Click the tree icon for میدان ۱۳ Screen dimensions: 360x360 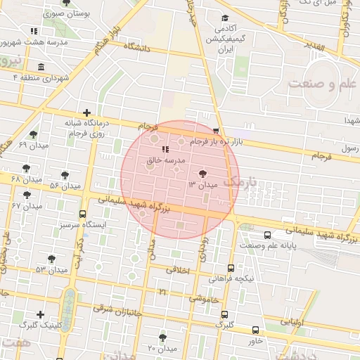(x=202, y=172)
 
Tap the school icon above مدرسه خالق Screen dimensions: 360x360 (x=165, y=149)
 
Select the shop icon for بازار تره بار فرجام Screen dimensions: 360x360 (x=216, y=131)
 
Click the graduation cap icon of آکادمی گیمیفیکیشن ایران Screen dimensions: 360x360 (x=225, y=19)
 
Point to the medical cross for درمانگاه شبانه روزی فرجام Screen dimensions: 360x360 (x=86, y=112)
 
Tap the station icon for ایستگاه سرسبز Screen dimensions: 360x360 (x=83, y=214)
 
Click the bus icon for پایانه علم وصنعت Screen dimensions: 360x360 (x=266, y=235)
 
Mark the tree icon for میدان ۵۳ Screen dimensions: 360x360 (x=51, y=258)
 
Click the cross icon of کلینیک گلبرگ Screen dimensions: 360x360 (x=40, y=314)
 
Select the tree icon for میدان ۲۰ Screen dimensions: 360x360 (x=162, y=337)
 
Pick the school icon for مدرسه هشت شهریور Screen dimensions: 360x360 (x=34, y=31)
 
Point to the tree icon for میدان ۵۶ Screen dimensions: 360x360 (x=65, y=175)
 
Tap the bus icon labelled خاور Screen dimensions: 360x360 (x=255, y=330)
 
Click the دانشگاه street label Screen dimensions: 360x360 (x=138, y=47)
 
